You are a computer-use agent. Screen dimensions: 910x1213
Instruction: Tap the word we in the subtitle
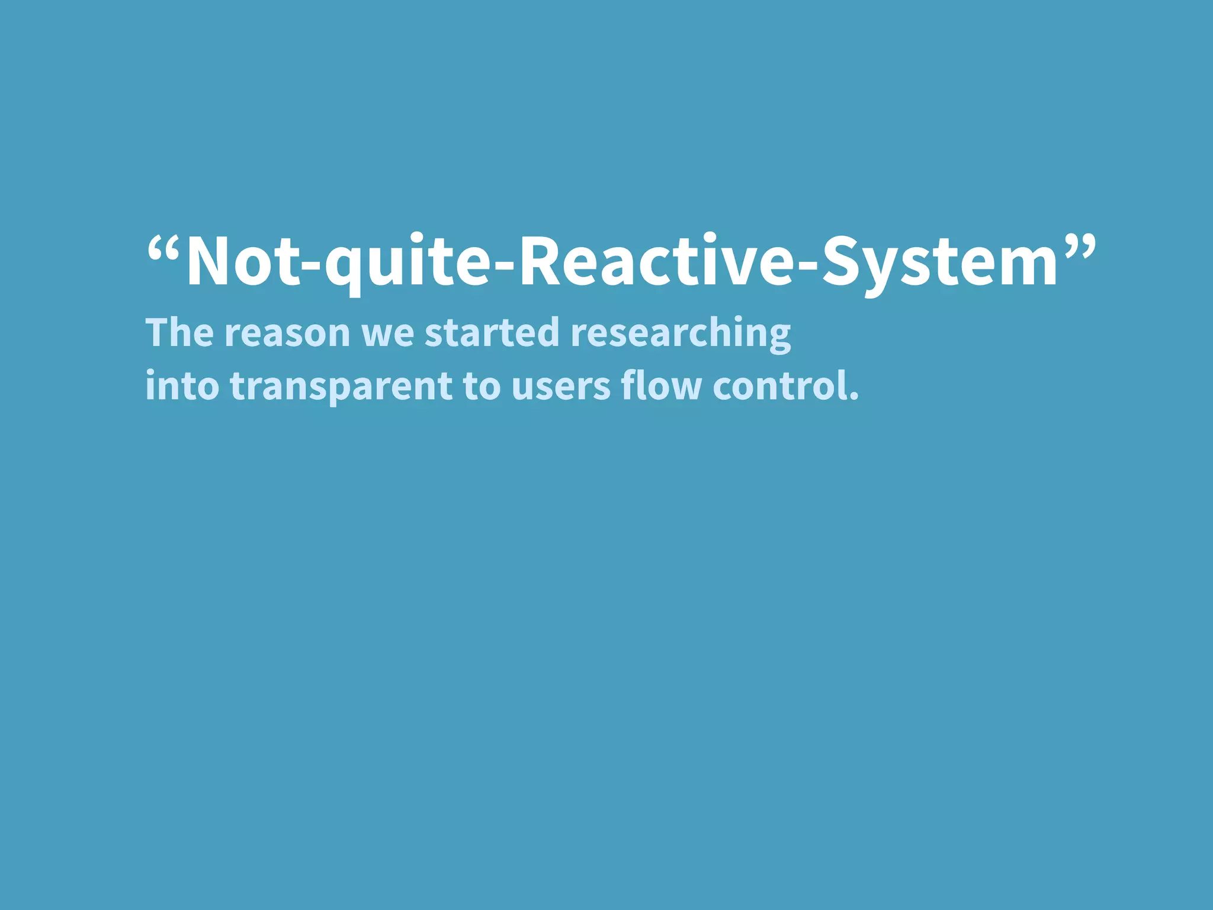coord(388,335)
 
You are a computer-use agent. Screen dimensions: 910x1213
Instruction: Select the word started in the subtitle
coord(492,332)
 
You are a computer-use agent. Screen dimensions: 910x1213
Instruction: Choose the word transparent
coord(341,388)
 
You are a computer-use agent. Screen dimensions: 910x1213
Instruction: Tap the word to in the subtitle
coord(482,387)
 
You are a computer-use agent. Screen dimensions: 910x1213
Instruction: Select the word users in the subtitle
coord(561,388)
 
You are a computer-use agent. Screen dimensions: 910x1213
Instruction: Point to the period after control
coord(853,396)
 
